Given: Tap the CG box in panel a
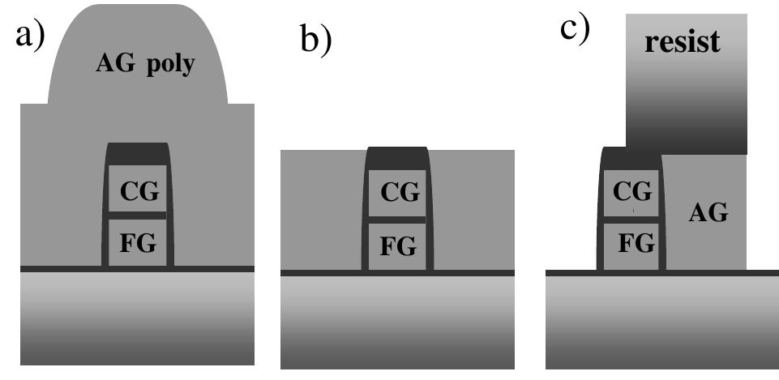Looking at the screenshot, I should [138, 192].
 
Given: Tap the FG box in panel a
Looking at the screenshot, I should [138, 241].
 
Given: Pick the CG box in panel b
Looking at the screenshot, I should [397, 193].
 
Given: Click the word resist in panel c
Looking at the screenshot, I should [683, 42].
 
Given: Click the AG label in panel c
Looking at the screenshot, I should [708, 214].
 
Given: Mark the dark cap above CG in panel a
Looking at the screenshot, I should [138, 152].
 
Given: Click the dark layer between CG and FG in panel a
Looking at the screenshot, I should [138, 216].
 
